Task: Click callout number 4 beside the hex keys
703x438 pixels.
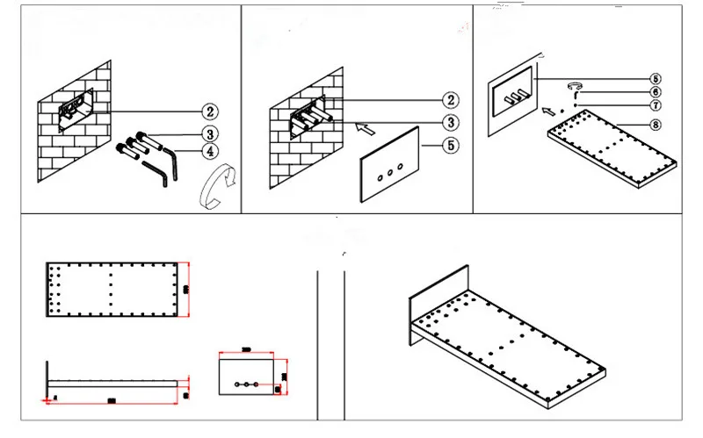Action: click(x=211, y=151)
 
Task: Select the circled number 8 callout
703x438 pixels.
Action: click(x=656, y=125)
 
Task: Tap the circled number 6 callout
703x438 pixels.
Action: click(x=656, y=92)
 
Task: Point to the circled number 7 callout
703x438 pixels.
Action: click(x=656, y=105)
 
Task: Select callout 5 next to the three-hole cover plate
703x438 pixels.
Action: click(x=450, y=145)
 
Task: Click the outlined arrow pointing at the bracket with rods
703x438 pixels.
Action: click(x=363, y=129)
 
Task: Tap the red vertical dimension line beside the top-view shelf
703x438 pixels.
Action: click(x=186, y=290)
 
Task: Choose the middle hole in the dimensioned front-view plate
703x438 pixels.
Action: click(x=248, y=384)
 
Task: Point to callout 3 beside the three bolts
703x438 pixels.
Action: click(x=211, y=134)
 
